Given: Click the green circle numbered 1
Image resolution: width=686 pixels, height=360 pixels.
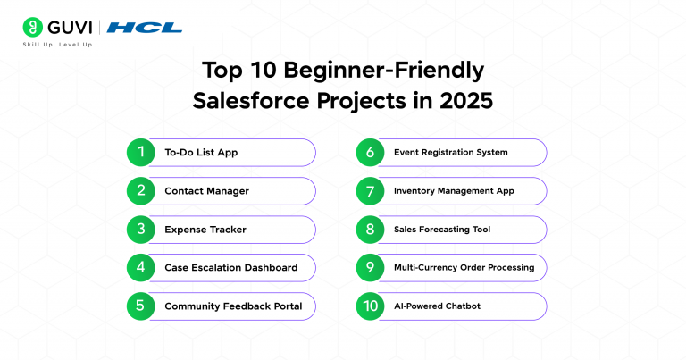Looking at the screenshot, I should tap(140, 152).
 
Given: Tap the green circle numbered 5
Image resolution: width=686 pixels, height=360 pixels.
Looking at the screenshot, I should tap(140, 306).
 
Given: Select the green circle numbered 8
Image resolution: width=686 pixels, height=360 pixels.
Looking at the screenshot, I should tap(370, 230).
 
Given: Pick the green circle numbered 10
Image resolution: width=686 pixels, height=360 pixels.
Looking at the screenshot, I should tap(370, 306).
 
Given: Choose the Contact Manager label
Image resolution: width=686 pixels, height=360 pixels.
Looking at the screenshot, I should tap(206, 191).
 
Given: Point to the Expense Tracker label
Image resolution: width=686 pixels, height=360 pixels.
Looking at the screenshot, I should tap(205, 230).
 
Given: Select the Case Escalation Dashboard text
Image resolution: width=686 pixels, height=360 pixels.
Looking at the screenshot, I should tap(230, 267).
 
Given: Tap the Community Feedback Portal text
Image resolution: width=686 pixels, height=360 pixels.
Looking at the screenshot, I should tap(233, 306).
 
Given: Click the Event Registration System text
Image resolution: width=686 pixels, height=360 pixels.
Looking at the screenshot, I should tap(450, 153).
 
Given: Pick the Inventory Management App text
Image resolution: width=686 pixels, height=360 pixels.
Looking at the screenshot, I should tap(454, 191).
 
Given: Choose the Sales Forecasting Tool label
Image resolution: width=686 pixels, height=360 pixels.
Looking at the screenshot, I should tap(441, 230).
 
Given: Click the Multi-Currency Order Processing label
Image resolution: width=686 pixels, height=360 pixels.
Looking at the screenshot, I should tap(464, 267).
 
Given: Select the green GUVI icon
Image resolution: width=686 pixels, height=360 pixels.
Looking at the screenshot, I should tap(33, 27).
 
